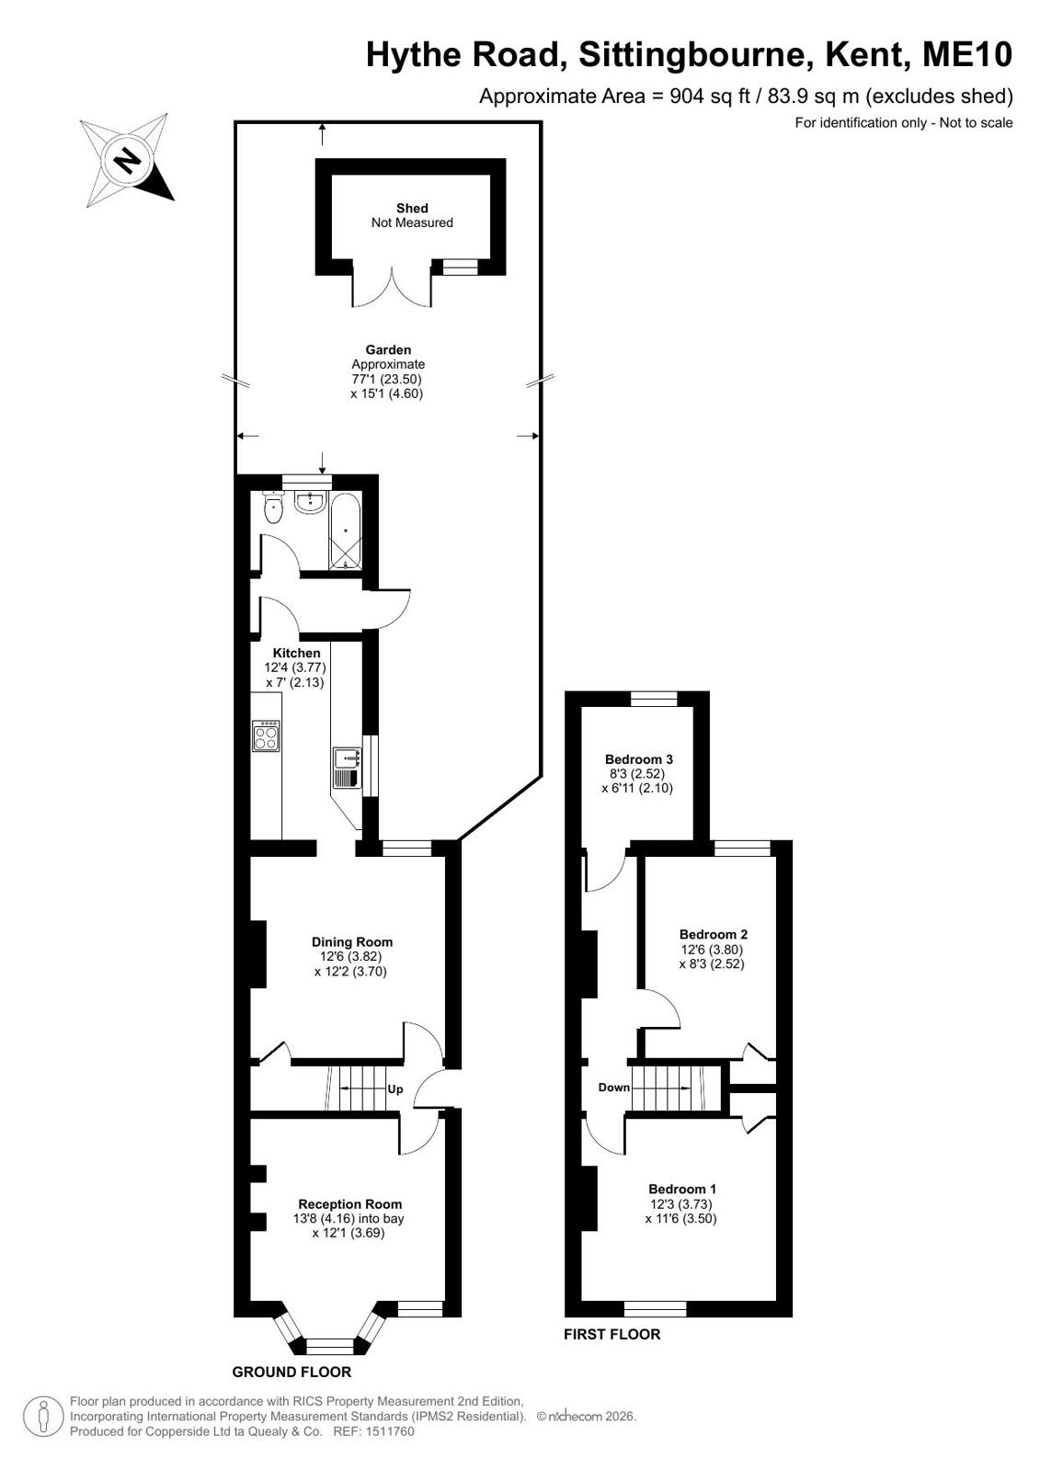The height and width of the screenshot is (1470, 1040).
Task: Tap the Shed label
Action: coord(412,208)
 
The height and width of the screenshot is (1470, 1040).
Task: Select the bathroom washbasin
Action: coord(309,502)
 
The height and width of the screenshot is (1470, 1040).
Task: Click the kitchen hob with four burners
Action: coord(266,735)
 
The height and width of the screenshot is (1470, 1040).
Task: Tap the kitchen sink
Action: coord(347,767)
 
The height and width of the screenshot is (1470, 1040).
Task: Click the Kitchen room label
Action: coord(297,653)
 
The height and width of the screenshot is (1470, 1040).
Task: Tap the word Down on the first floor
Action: coord(614,1088)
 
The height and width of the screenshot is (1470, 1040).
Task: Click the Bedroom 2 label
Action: coord(713,934)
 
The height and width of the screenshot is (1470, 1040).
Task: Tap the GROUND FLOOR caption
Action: coord(291,1372)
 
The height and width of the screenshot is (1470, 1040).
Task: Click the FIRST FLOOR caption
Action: coord(611,1334)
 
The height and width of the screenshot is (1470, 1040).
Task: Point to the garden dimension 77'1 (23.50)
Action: coord(387,379)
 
